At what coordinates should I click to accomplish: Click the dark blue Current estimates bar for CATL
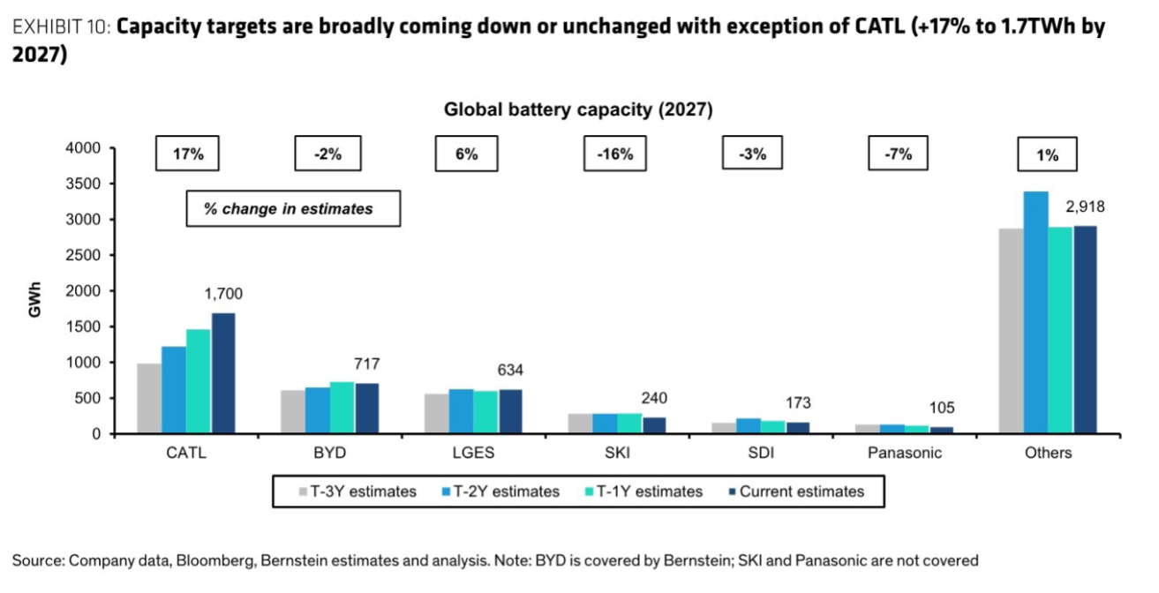click(x=223, y=373)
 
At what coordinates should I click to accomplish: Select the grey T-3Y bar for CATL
click(x=149, y=399)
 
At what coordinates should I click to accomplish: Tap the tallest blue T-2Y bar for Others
click(x=1036, y=312)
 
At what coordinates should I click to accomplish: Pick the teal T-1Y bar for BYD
click(x=342, y=408)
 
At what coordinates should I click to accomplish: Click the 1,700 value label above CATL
click(x=223, y=294)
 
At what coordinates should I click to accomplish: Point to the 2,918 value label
click(x=1085, y=207)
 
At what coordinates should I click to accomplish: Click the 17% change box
click(x=187, y=154)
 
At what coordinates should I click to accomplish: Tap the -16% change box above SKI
click(x=614, y=154)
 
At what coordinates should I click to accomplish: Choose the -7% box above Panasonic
click(x=899, y=154)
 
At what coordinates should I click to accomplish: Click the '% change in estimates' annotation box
click(x=292, y=209)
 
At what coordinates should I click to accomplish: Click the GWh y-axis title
click(x=35, y=299)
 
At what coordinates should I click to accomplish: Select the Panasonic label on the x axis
click(x=905, y=454)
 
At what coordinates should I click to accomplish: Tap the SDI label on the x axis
click(x=761, y=454)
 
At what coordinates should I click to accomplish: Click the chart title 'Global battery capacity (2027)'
click(x=578, y=110)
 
